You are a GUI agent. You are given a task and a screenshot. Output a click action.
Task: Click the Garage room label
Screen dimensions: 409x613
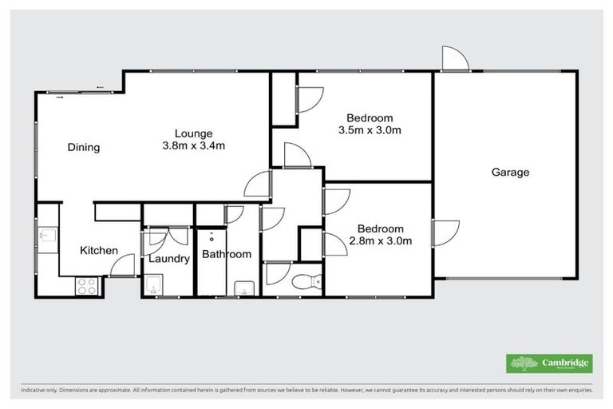point(510,172)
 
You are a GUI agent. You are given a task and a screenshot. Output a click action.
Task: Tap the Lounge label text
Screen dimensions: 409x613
point(194,133)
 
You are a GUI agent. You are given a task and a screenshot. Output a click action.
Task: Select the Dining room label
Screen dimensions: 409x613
point(83,147)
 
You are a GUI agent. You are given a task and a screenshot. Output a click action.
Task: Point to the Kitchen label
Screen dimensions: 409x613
point(99,251)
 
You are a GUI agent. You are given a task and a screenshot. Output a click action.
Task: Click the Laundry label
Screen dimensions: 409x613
point(168,259)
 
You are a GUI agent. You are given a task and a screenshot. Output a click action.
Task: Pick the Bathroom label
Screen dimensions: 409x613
point(226,255)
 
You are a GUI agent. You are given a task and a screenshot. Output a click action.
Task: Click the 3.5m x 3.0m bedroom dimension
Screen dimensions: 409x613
point(370,130)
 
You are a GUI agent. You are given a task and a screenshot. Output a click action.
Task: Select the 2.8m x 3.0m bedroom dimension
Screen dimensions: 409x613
point(379,241)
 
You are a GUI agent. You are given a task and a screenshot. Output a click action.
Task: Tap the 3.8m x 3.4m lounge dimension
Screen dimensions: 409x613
point(194,145)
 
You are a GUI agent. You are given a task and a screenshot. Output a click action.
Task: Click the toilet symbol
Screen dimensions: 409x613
point(308,281)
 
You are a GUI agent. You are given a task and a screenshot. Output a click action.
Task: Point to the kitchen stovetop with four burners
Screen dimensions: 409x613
point(86,286)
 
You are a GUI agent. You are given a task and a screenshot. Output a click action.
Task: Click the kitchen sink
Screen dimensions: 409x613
point(46,236)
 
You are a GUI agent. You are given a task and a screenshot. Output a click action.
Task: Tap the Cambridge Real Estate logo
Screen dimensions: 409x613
point(549,363)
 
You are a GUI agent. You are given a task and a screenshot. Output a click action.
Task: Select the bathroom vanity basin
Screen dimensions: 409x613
point(243,288)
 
